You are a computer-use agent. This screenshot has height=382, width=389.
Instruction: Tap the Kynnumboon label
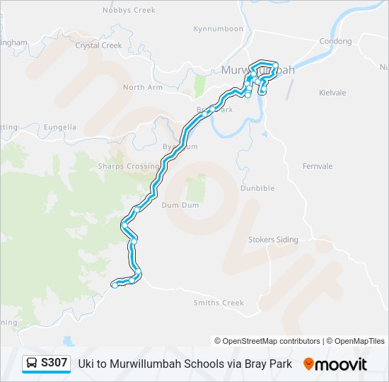click(x=218, y=29)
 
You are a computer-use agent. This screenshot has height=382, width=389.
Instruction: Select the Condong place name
click(x=335, y=42)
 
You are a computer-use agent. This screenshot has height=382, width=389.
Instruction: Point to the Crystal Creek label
click(x=98, y=45)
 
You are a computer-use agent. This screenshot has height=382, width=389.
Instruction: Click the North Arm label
click(x=143, y=88)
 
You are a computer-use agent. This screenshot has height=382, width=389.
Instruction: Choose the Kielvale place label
click(x=332, y=93)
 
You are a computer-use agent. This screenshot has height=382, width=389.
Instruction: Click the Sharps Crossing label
click(x=128, y=166)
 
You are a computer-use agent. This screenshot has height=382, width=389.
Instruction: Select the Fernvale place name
click(x=318, y=166)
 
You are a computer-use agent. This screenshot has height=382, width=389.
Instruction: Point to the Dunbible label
click(x=257, y=189)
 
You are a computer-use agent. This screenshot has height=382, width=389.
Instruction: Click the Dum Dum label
click(x=180, y=204)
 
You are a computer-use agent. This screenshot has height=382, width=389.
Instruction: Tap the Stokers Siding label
click(x=273, y=240)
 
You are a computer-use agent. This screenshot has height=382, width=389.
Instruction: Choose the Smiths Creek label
click(x=219, y=303)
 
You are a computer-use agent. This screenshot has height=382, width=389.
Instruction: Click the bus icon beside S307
click(x=32, y=364)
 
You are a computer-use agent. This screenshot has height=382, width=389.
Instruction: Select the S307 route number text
click(x=54, y=363)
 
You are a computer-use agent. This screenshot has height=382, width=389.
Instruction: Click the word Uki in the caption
click(x=85, y=364)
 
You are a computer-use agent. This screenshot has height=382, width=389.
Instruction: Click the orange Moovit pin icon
click(x=308, y=364)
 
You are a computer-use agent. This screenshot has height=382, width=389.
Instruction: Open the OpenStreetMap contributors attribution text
click(x=267, y=341)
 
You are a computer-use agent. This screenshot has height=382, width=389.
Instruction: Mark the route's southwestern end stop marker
click(x=114, y=285)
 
